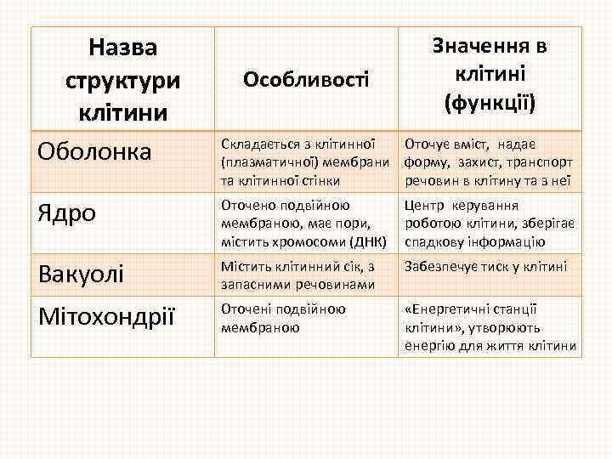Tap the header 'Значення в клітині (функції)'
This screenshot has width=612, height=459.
tap(490, 75)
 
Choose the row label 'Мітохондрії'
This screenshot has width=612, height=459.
tap(107, 316)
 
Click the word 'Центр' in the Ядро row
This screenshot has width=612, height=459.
tap(423, 205)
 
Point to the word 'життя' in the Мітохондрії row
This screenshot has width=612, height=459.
tap(510, 346)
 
